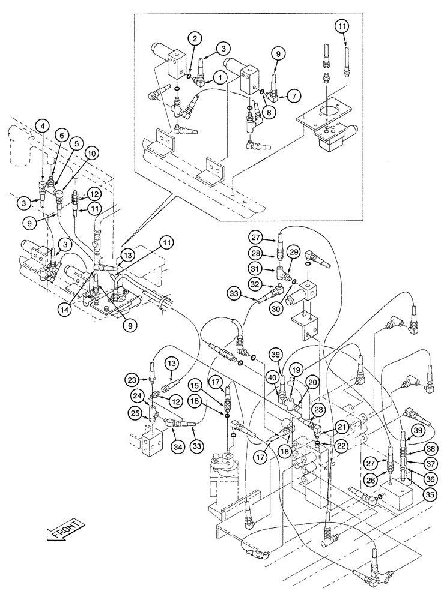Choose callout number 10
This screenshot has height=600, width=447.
(91, 154)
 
